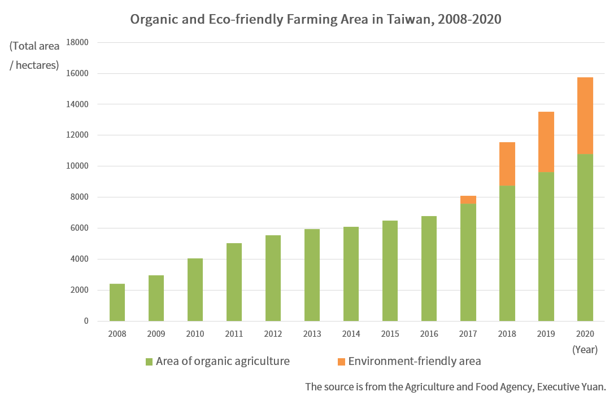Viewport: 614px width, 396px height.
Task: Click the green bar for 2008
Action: coord(117,302)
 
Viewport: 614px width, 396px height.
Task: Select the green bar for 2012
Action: coord(273,278)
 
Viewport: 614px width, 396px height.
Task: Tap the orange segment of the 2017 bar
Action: coord(468,200)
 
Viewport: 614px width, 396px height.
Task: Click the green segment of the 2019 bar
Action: coord(546,247)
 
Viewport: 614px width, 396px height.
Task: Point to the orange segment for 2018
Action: coord(507,164)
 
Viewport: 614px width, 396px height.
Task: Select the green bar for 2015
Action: coord(390,271)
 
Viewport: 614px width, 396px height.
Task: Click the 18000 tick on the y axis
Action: coord(78,42)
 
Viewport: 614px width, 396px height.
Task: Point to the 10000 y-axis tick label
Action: coord(78,166)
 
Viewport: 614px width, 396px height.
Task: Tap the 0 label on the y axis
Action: coord(86,321)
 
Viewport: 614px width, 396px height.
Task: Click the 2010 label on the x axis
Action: coord(195,334)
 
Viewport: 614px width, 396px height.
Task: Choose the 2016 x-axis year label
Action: coord(429,334)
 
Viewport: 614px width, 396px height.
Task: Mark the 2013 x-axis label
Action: coord(312,334)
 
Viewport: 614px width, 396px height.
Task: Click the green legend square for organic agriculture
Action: coord(149,362)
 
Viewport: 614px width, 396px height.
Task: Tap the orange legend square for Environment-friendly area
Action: coord(341,362)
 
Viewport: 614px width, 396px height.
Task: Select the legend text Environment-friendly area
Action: coord(415,361)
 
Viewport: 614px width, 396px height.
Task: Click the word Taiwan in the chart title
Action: coord(408,19)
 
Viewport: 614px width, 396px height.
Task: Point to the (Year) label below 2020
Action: coord(585,350)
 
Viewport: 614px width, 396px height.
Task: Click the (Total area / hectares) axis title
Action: coord(34,55)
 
